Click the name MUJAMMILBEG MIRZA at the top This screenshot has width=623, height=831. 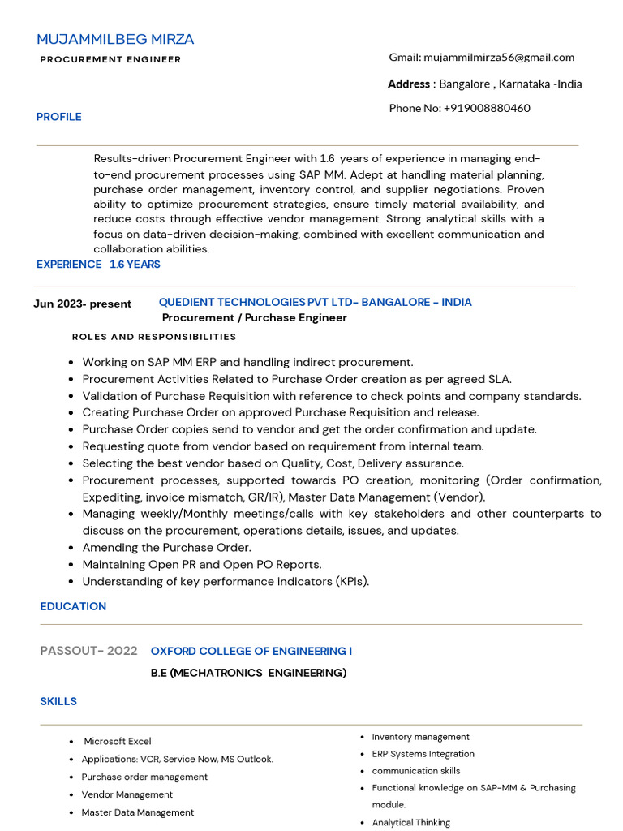(115, 39)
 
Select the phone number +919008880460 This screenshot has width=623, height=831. (487, 108)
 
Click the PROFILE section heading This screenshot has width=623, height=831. (58, 117)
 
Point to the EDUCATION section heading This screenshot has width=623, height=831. (73, 606)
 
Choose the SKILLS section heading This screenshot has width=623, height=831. (58, 701)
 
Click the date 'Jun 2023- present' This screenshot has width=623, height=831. (82, 304)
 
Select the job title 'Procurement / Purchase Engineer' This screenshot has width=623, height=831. (254, 317)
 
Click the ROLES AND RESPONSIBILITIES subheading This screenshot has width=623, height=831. (154, 337)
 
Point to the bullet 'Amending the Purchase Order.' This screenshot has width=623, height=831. (166, 548)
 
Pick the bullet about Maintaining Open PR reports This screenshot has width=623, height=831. (201, 565)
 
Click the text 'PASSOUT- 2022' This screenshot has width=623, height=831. (88, 651)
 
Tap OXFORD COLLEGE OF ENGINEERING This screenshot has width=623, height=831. (251, 651)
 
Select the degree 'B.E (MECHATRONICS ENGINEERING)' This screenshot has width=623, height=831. (248, 673)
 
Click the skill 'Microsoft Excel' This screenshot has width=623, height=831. (118, 741)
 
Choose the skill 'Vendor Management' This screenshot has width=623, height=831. (127, 794)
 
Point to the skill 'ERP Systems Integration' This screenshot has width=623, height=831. (423, 754)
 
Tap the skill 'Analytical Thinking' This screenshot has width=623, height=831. (410, 822)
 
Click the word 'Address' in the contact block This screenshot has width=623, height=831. (409, 84)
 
